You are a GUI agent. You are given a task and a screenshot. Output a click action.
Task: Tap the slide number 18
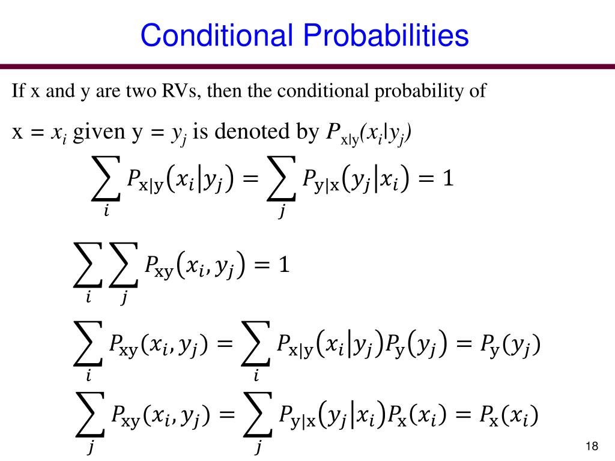click(592, 446)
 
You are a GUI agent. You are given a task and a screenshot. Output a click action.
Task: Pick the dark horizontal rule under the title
click(307, 66)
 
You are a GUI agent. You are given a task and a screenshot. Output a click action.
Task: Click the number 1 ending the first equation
click(446, 178)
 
